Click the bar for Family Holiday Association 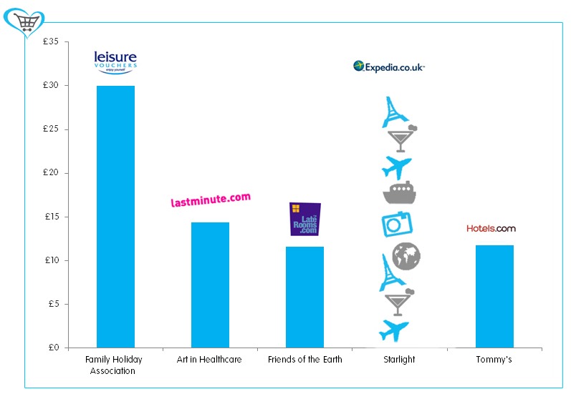tap(115, 217)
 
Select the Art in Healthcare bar tap(210, 285)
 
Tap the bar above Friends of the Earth tap(304, 297)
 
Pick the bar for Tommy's tap(494, 296)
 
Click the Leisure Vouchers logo tap(115, 61)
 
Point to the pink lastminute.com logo tap(211, 200)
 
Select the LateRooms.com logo tap(304, 219)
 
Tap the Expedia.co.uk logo tap(389, 67)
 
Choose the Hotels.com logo tap(491, 229)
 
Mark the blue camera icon tap(395, 225)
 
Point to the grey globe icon tap(406, 256)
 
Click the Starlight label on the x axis tap(399, 360)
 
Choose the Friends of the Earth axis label tap(304, 360)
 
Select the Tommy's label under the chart tap(494, 360)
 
